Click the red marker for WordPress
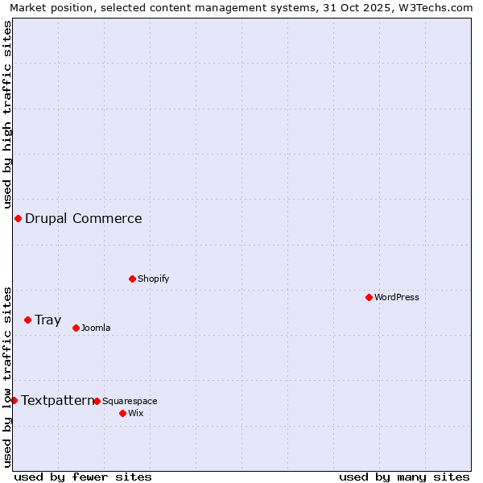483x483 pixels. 369,297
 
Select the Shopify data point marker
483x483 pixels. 133,279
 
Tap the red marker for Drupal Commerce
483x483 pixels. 18,218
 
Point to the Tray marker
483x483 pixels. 27,320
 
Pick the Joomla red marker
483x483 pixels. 76,328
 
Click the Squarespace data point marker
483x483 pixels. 97,401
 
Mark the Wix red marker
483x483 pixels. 122,413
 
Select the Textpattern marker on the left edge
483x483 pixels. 14,400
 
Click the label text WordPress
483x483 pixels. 397,297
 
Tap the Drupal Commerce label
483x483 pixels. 83,218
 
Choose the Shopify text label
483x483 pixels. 153,279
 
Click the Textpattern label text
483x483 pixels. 56,400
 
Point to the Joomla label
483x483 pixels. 96,328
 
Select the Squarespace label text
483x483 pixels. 130,401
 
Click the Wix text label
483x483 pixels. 135,413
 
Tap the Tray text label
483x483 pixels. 47,320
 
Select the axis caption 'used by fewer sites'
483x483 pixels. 83,477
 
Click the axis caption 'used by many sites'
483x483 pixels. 404,477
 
